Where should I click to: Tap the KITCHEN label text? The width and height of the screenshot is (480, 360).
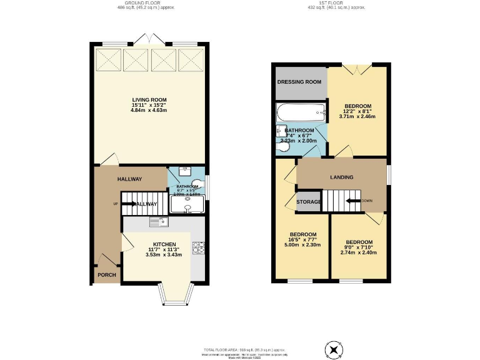click(x=164, y=244)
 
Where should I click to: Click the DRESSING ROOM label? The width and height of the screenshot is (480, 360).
click(x=299, y=81)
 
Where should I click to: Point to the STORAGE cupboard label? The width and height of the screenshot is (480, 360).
click(x=309, y=202)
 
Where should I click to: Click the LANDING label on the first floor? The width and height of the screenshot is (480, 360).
click(x=341, y=177)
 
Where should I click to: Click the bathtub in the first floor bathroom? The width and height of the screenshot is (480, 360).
click(x=301, y=114)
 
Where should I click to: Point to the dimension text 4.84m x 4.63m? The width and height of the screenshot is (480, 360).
click(x=149, y=111)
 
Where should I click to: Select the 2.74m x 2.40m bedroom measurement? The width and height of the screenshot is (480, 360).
click(x=359, y=252)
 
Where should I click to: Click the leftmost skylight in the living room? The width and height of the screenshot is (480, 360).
click(x=107, y=61)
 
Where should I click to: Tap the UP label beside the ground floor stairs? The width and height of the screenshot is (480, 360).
click(x=116, y=204)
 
